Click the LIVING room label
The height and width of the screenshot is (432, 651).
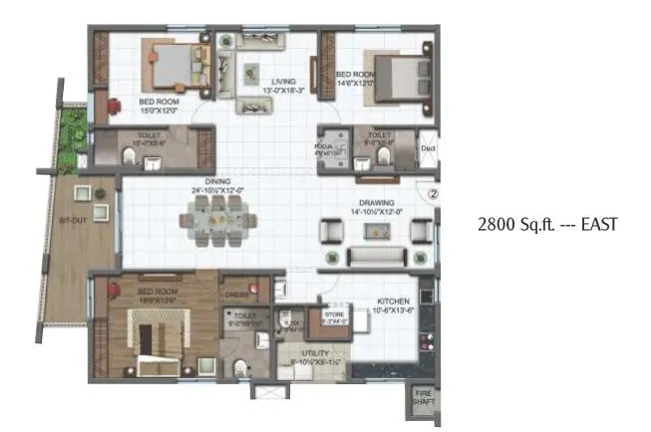271,82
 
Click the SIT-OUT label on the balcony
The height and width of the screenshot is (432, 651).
70,221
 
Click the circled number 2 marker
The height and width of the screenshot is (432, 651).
433,195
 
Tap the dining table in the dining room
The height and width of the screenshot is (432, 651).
216,220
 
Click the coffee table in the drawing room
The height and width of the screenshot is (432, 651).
378,232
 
